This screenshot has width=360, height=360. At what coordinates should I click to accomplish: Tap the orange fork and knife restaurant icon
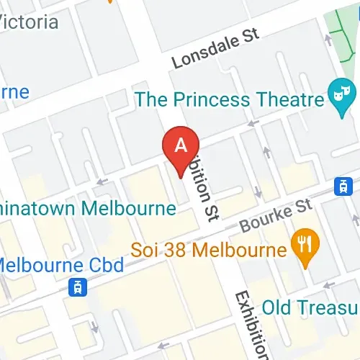305,247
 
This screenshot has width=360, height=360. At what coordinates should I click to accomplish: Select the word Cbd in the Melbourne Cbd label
106,264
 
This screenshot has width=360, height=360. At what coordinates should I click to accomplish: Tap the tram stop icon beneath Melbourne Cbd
74,288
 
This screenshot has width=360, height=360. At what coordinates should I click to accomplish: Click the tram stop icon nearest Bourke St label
342,185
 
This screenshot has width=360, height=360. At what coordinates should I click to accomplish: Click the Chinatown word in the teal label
40,209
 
